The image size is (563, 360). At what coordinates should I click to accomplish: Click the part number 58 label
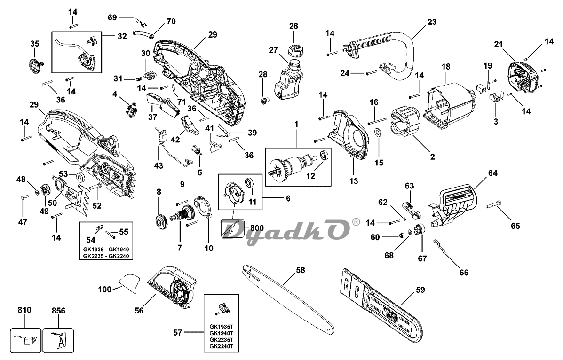[x=300, y=270]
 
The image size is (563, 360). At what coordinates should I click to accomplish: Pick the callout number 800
[x=256, y=227]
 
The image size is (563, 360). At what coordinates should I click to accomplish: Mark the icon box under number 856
[x=58, y=337]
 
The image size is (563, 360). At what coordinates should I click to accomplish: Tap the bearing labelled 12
[x=324, y=156]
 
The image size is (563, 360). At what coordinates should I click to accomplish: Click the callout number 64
[x=492, y=173]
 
